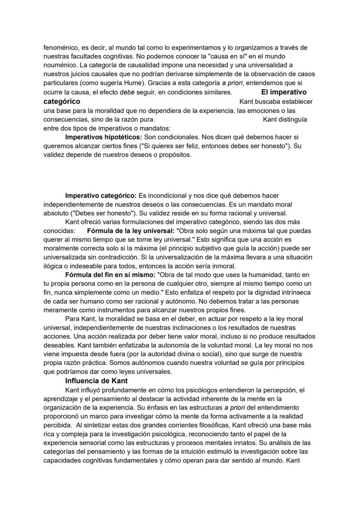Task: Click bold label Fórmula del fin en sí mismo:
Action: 110,275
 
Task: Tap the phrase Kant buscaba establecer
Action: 276,101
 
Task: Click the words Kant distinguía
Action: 285,119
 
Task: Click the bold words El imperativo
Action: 283,92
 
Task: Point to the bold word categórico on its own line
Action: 62,101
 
